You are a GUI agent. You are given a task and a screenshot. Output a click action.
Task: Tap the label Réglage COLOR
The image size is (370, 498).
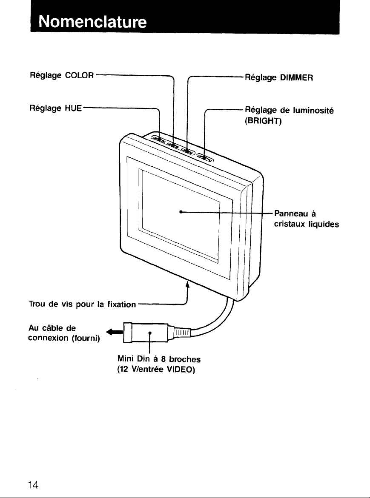(x=62, y=76)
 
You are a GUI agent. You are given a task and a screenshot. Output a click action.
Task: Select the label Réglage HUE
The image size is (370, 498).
(x=56, y=108)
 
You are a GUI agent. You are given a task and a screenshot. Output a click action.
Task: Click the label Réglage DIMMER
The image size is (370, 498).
(x=279, y=78)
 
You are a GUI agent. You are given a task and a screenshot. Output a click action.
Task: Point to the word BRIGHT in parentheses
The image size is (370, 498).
(x=263, y=121)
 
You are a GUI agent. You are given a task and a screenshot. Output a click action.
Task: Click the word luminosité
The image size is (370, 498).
(x=313, y=110)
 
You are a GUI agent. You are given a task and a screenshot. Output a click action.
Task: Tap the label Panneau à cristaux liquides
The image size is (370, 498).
(x=307, y=219)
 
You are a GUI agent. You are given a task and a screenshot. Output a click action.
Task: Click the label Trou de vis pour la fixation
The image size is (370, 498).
(x=82, y=304)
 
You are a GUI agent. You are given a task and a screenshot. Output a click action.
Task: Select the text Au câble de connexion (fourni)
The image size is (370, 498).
(x=64, y=333)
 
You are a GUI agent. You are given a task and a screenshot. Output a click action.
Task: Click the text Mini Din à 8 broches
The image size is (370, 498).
(x=159, y=359)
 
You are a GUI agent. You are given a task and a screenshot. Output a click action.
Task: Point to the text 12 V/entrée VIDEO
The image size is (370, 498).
(x=156, y=370)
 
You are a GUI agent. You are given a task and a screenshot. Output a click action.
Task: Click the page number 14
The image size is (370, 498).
(x=33, y=485)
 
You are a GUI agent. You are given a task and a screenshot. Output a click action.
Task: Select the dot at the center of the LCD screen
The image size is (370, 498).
(x=180, y=211)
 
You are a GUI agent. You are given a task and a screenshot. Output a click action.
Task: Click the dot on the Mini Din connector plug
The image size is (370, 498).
(x=150, y=333)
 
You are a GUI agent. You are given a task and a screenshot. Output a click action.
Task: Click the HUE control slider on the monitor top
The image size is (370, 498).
(x=158, y=139)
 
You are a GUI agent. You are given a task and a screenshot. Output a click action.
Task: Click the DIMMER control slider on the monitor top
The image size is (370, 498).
(x=187, y=151)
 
